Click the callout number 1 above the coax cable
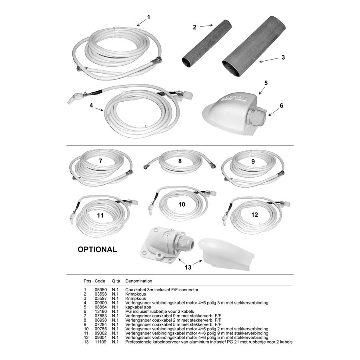click(x=148, y=17)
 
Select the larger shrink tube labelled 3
click(x=254, y=46)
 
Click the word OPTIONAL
click(x=97, y=249)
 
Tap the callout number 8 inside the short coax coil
click(x=180, y=161)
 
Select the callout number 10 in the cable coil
click(x=182, y=204)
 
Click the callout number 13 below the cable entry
click(x=188, y=267)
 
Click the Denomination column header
click(x=139, y=281)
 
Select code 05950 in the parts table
click(x=101, y=290)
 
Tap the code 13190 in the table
click(x=101, y=312)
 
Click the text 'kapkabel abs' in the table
click(x=138, y=307)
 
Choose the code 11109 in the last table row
click(x=101, y=342)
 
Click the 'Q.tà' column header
click(x=116, y=281)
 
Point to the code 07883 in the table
click(x=101, y=316)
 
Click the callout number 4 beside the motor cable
click(x=91, y=105)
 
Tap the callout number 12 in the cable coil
click(x=254, y=215)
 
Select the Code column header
click(x=100, y=281)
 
